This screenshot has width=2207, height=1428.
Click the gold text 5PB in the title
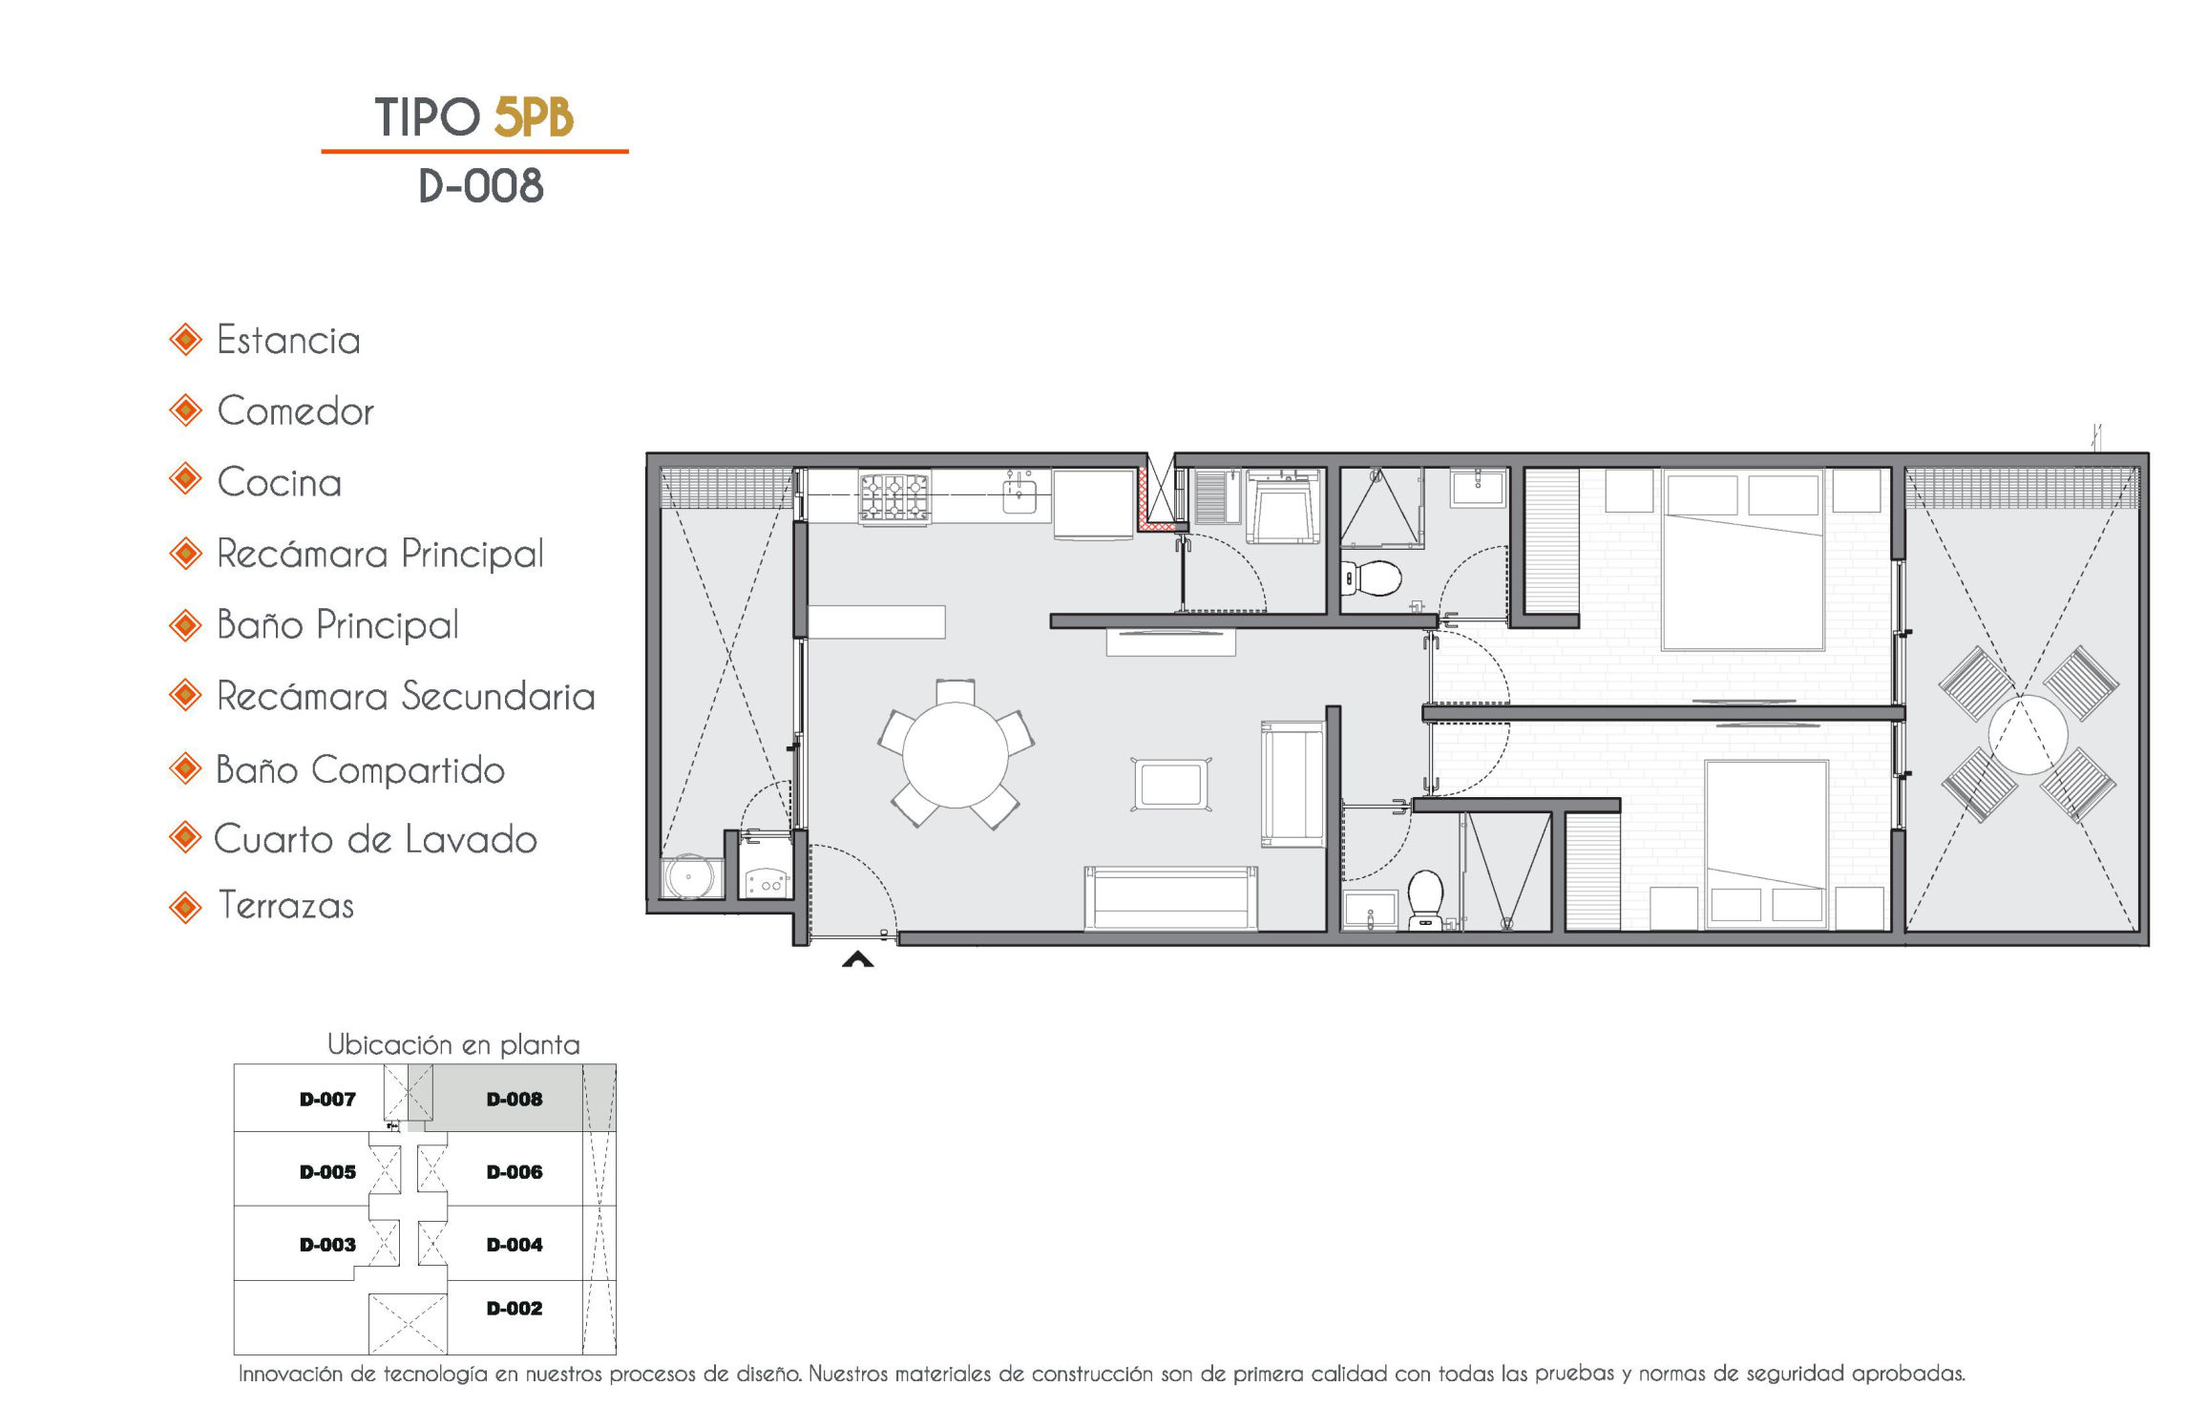pyautogui.click(x=534, y=117)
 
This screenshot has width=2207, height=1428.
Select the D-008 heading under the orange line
pyautogui.click(x=481, y=185)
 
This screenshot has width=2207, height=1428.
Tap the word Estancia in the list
pyautogui.click(x=288, y=341)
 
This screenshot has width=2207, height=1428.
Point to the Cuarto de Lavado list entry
pyautogui.click(x=375, y=839)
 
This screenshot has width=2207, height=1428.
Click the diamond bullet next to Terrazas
pyautogui.click(x=185, y=907)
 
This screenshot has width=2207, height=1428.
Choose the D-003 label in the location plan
pyautogui.click(x=327, y=1245)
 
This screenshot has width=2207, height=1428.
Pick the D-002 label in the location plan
pyautogui.click(x=515, y=1309)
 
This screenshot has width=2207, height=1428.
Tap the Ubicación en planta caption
pyautogui.click(x=453, y=1045)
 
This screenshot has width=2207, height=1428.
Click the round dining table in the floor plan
pyautogui.click(x=955, y=755)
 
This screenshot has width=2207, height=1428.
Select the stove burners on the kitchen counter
pyautogui.click(x=893, y=497)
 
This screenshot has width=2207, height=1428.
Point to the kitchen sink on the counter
pyautogui.click(x=1019, y=495)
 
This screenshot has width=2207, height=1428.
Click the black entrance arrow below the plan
pyautogui.click(x=857, y=959)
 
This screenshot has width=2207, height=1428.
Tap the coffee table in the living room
pyautogui.click(x=1171, y=785)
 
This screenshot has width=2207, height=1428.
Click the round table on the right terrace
pyautogui.click(x=2028, y=735)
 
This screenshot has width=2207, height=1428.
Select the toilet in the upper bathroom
pyautogui.click(x=1372, y=577)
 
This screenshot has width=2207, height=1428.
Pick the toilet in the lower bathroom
pyautogui.click(x=1426, y=898)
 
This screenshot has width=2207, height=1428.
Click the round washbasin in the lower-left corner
pyautogui.click(x=688, y=876)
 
